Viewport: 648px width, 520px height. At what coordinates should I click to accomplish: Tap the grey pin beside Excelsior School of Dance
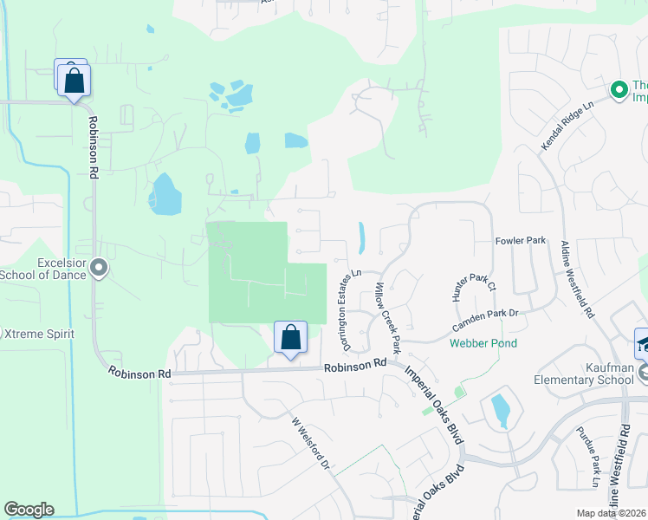click(x=99, y=269)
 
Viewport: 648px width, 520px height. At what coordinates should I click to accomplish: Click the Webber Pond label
click(x=483, y=343)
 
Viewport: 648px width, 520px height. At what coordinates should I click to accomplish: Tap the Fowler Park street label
click(x=520, y=240)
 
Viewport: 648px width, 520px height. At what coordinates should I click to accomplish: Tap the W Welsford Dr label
click(x=312, y=444)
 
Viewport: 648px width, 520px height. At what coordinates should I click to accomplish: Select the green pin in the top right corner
click(x=619, y=89)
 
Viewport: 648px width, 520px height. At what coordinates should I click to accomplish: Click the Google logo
click(x=29, y=510)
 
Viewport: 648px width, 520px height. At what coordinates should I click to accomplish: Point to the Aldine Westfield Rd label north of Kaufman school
click(x=576, y=277)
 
